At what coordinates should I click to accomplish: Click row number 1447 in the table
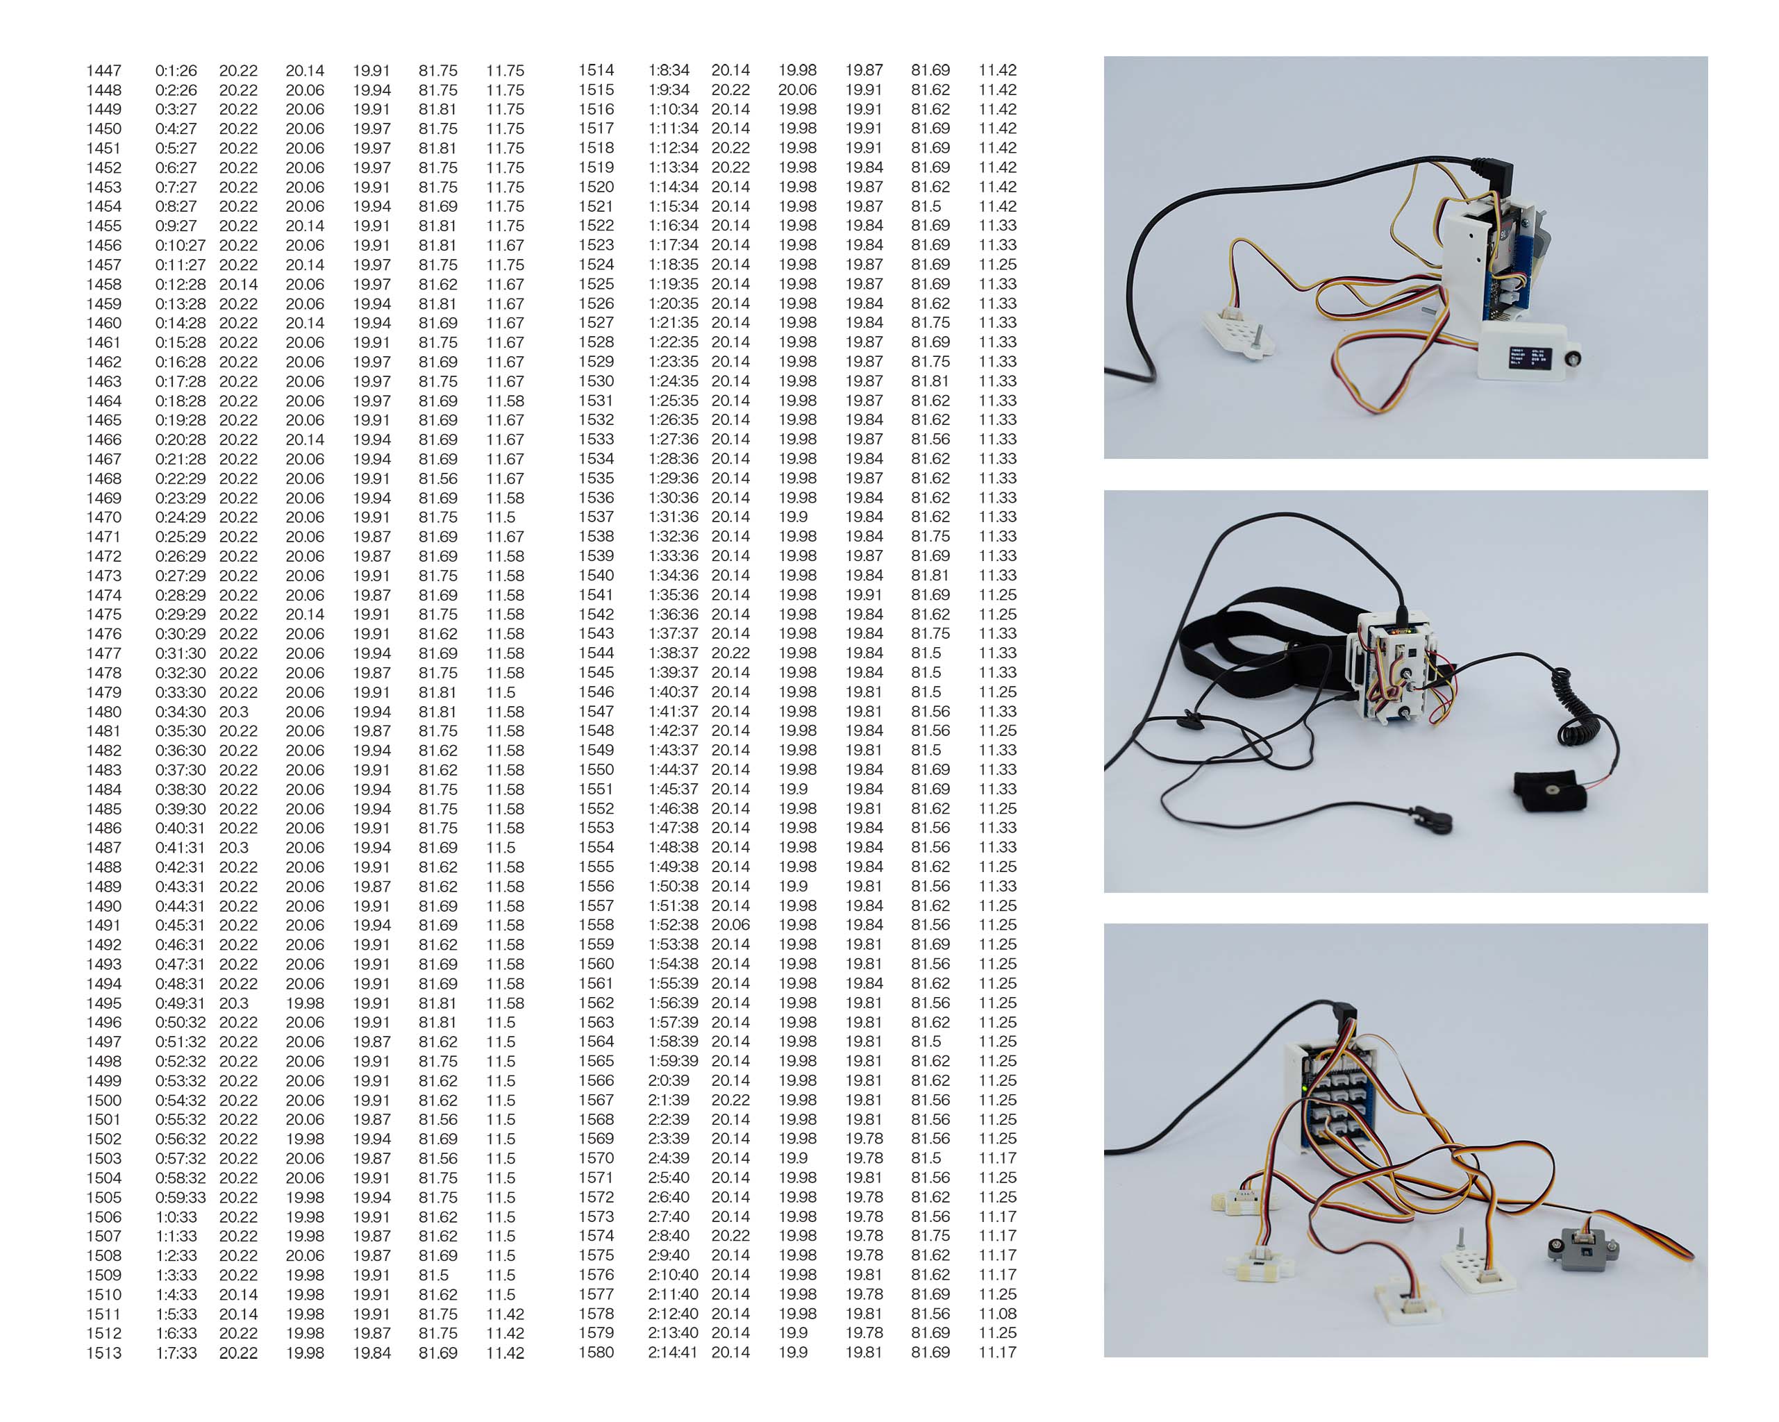coord(104,71)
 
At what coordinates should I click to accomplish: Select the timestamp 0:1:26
coord(176,71)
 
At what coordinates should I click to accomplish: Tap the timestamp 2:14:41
coord(672,1352)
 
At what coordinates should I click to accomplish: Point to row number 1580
coord(596,1352)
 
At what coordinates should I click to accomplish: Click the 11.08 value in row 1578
coord(996,1313)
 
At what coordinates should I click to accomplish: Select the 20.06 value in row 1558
coord(730,924)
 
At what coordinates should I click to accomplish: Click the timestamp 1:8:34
coord(669,70)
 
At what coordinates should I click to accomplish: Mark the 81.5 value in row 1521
coord(926,206)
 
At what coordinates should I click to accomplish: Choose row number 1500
coord(104,1100)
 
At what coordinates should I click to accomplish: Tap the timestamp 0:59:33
coord(181,1198)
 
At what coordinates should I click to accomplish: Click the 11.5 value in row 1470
coord(500,517)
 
